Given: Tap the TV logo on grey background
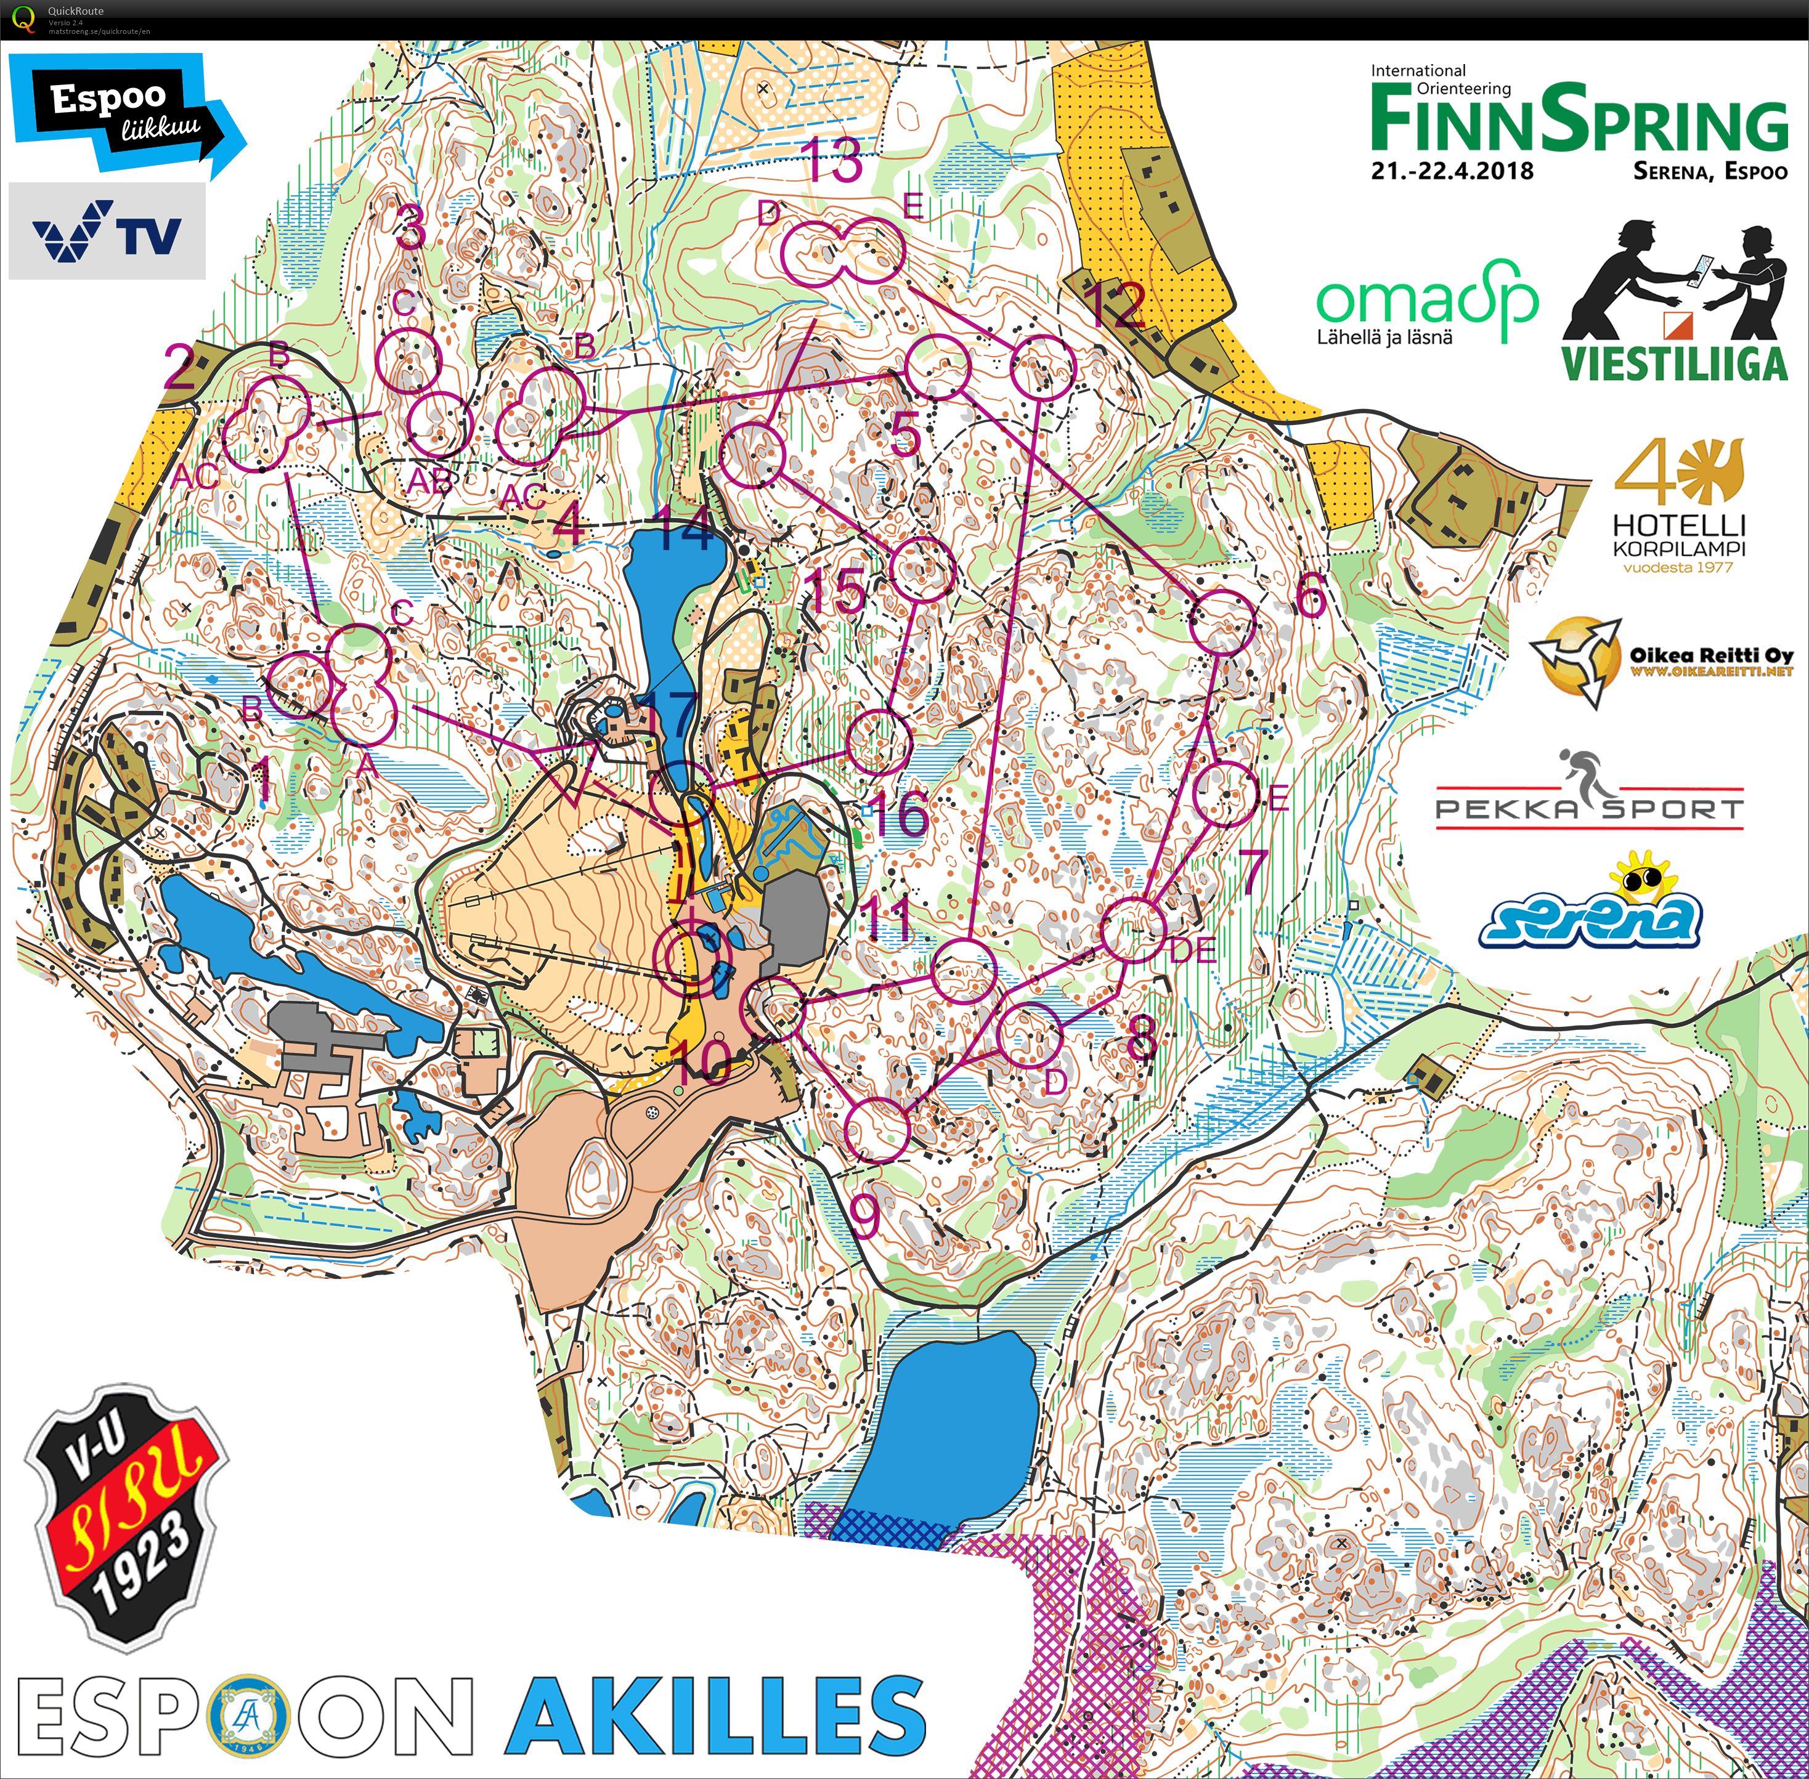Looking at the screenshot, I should [107, 231].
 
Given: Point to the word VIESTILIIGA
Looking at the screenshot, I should [1675, 363].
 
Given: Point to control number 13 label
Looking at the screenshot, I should [834, 161].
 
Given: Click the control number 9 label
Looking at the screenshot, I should [865, 1215].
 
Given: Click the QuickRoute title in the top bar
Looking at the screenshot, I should [76, 11].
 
